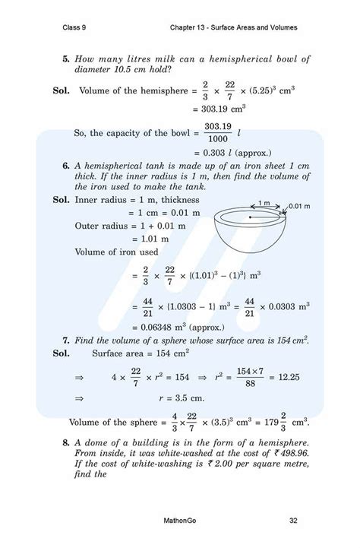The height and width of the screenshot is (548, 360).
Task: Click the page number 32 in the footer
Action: (293, 521)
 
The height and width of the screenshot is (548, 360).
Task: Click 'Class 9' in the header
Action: (74, 27)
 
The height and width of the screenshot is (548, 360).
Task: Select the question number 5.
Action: (66, 59)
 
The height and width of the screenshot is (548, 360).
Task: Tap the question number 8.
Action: (66, 443)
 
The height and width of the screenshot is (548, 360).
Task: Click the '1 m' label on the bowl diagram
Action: (264, 203)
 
